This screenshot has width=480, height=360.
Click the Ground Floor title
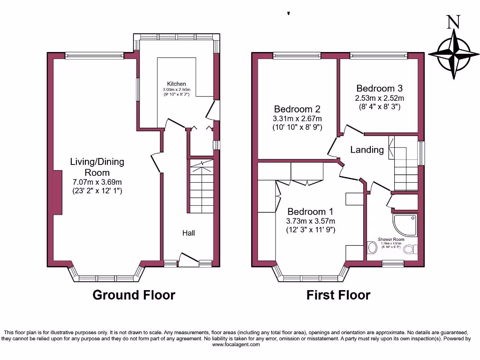pyautogui.click(x=134, y=295)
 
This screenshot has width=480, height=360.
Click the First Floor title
pyautogui.click(x=338, y=295)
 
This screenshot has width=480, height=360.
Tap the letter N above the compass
pyautogui.click(x=452, y=22)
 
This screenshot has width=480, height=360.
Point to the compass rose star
pyautogui.click(x=453, y=55)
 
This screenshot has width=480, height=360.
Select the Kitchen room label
pyautogui.click(x=176, y=84)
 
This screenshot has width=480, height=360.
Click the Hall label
pyautogui.click(x=188, y=233)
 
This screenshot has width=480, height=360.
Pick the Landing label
pyautogui.click(x=367, y=150)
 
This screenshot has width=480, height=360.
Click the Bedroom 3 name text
pyautogui.click(x=379, y=88)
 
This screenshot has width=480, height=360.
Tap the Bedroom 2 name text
pyautogui.click(x=298, y=109)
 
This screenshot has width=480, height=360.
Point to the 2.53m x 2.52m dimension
pyautogui.click(x=379, y=98)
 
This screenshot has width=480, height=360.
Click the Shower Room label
pyautogui.click(x=391, y=239)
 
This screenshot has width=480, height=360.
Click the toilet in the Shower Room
pyautogui.click(x=410, y=249)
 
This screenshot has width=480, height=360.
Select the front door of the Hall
pyautogui.click(x=188, y=261)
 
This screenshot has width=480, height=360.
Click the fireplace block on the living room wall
pyautogui.click(x=58, y=192)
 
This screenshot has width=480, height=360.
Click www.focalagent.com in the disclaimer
pyautogui.click(x=236, y=345)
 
